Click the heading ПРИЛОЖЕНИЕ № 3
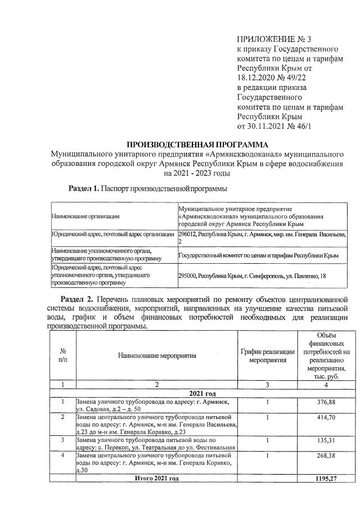tap(274, 39)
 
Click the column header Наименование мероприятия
tap(157, 355)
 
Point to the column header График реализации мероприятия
tap(268, 355)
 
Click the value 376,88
tap(326, 403)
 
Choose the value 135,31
tap(326, 439)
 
